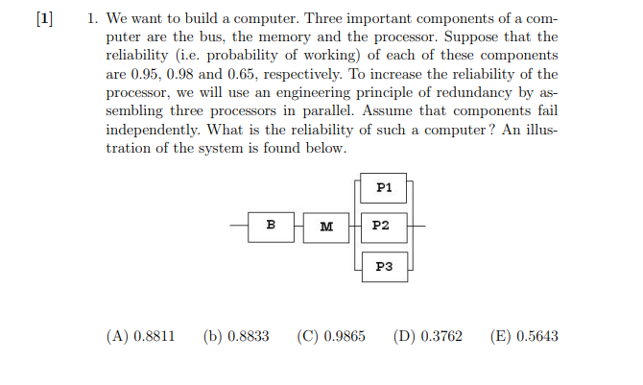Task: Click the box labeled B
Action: click(271, 226)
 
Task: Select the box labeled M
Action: click(326, 227)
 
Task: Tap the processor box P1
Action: click(384, 188)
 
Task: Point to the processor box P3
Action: click(384, 266)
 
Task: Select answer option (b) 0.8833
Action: click(235, 336)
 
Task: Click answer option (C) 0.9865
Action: click(331, 336)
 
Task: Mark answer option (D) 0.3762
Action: click(428, 336)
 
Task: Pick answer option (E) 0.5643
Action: click(523, 336)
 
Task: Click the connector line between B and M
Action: click(298, 227)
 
